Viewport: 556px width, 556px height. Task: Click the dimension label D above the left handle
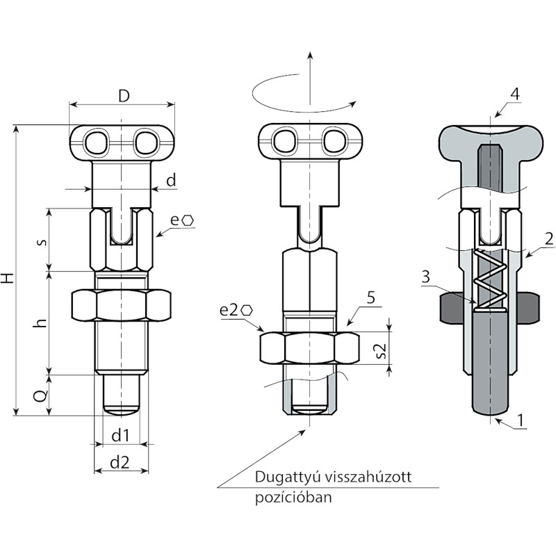[124, 96]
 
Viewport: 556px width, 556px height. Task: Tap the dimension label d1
[120, 436]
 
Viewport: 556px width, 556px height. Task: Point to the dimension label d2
[120, 463]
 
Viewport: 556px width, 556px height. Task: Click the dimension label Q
[42, 395]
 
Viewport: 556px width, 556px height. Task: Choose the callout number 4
[515, 95]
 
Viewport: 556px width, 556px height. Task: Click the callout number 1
[521, 420]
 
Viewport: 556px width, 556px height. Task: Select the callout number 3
[426, 277]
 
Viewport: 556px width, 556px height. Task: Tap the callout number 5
[370, 298]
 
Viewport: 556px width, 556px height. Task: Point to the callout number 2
[549, 239]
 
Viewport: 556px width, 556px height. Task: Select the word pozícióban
[293, 497]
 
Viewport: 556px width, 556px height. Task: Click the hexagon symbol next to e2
[247, 311]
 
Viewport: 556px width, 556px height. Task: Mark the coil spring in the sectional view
[491, 280]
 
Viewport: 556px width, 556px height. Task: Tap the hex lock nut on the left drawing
[121, 306]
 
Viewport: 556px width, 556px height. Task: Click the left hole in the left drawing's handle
[95, 142]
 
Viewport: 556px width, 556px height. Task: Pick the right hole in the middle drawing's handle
[334, 142]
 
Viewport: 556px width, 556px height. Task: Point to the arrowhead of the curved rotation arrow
[353, 103]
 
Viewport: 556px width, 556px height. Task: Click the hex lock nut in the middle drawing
[309, 348]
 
